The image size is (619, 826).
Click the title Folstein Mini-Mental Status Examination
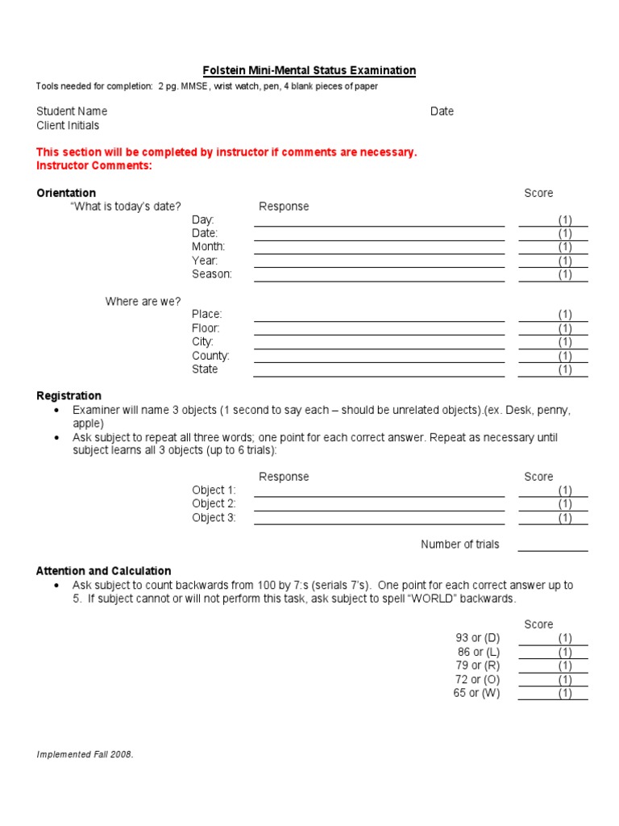[308, 70]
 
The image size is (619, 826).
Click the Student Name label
[72, 111]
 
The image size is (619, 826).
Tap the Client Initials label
[68, 125]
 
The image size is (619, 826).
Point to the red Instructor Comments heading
[94, 165]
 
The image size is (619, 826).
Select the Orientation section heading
[66, 193]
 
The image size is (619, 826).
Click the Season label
[212, 274]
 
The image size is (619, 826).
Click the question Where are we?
[143, 302]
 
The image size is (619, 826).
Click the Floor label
[206, 328]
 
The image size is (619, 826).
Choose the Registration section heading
[69, 395]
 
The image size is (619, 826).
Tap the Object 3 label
[214, 518]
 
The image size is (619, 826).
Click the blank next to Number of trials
[553, 545]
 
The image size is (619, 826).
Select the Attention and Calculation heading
[104, 570]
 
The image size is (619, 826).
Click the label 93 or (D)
[478, 638]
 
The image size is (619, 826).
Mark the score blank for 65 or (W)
[553, 694]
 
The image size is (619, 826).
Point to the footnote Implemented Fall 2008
[85, 754]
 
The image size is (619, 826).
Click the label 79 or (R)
[478, 665]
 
